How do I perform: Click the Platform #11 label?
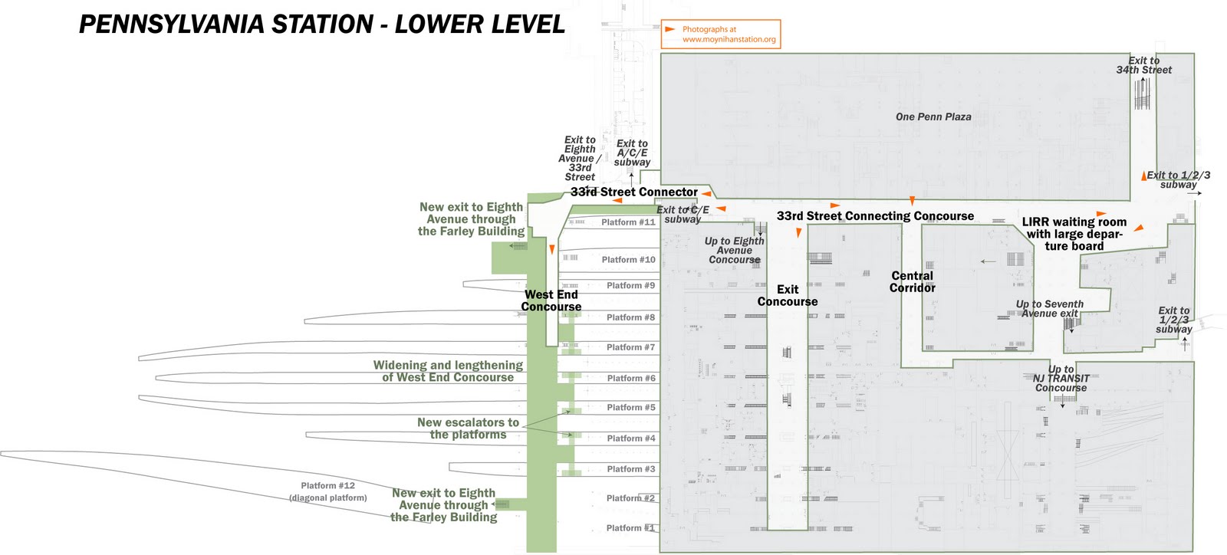[x=628, y=222]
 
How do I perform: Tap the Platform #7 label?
[x=630, y=347]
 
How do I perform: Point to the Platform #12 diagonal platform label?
[x=328, y=491]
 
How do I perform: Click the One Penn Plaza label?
[x=933, y=117]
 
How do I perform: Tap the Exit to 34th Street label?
[x=1143, y=65]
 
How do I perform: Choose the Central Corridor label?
[x=913, y=282]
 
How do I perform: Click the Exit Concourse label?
[x=788, y=295]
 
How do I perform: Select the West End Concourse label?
[x=551, y=300]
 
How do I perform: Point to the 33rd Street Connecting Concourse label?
[x=875, y=216]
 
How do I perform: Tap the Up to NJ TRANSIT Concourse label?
[x=1061, y=379]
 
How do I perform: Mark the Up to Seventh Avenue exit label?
[x=1050, y=309]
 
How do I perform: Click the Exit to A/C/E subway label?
[x=632, y=153]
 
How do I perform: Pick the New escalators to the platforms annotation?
[x=468, y=429]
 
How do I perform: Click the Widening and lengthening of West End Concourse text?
[x=448, y=371]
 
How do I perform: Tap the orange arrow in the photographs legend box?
[x=670, y=29]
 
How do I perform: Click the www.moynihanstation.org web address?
[x=729, y=39]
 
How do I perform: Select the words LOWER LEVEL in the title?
[x=480, y=25]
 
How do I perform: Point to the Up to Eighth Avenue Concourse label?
[x=735, y=251]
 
